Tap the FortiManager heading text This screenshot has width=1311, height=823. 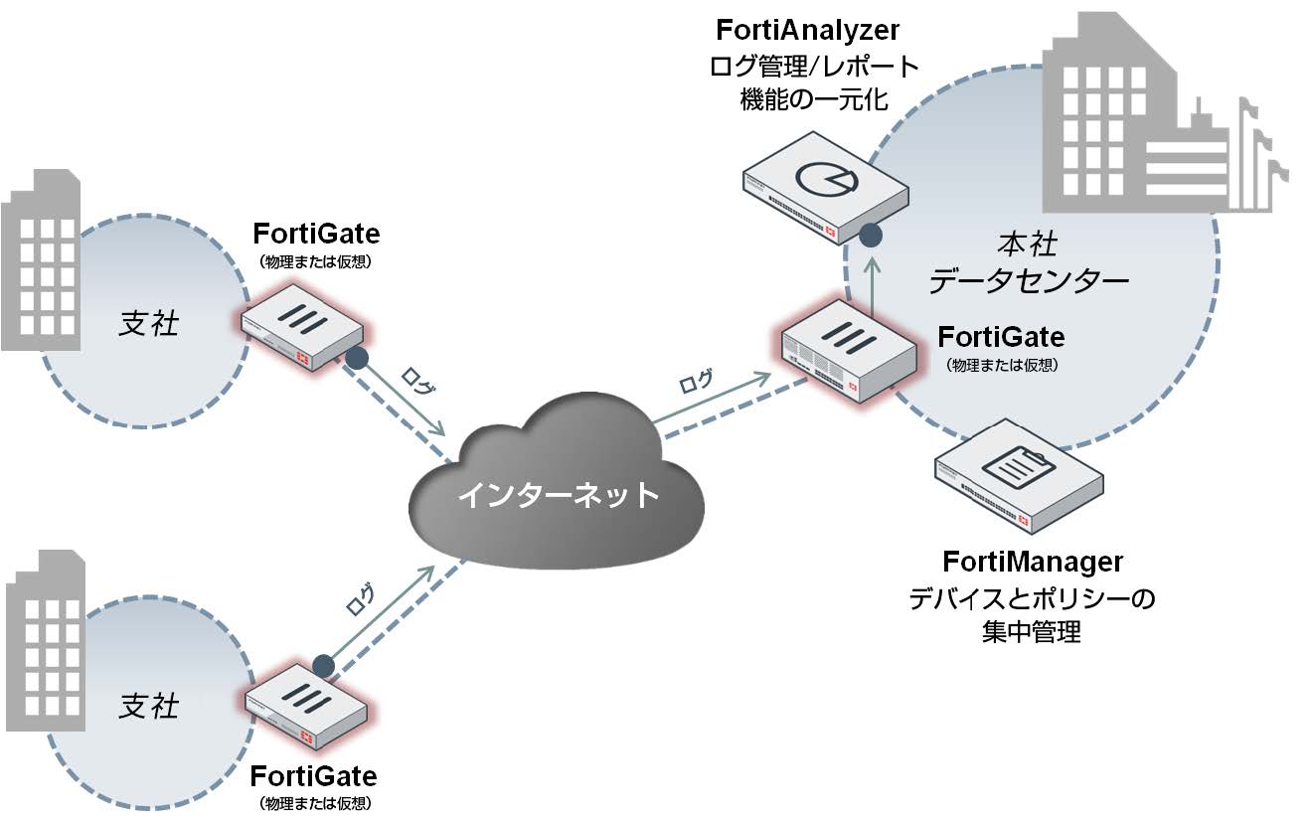pyautogui.click(x=1033, y=562)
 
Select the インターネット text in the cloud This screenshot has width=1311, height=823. pyautogui.click(x=558, y=494)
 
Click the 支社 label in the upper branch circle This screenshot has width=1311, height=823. pyautogui.click(x=149, y=323)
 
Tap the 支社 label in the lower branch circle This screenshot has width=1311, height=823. pyautogui.click(x=149, y=706)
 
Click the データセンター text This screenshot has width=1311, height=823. pyautogui.click(x=1029, y=281)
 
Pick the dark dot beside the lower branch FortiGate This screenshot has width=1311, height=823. pyautogui.click(x=322, y=665)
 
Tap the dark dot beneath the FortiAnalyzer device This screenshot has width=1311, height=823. pyautogui.click(x=871, y=236)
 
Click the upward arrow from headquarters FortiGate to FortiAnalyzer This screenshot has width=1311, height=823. pyautogui.click(x=873, y=282)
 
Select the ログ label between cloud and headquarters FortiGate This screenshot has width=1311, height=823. pyautogui.click(x=695, y=381)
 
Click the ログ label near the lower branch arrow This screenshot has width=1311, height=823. pyautogui.click(x=360, y=598)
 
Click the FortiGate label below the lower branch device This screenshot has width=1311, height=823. pyautogui.click(x=313, y=775)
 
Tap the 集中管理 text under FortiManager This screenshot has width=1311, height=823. pyautogui.click(x=1033, y=631)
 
